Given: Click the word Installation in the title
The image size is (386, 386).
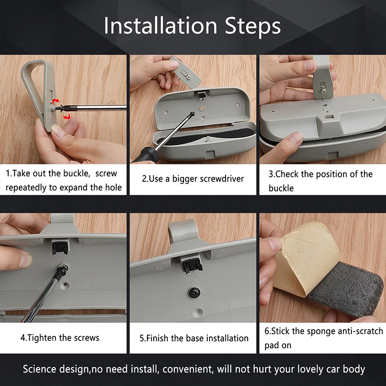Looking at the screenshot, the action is pos(160,26).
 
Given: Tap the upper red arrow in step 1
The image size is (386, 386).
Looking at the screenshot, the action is pos(56,100).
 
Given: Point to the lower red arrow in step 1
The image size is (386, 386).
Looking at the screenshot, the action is pos(67,116).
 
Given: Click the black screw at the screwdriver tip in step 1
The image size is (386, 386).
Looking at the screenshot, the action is pos(59,108).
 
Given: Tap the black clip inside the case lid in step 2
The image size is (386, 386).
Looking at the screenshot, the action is pos(201,94).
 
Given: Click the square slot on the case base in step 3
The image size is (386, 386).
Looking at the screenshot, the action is pos(329,117).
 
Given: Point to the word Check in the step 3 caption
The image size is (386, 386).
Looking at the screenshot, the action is pos(287,174).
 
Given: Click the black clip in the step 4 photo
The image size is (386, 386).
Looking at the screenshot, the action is pos(60,248).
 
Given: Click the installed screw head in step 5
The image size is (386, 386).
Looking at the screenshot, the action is pos(194,292).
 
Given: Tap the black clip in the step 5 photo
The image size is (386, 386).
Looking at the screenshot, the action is pos(193,266).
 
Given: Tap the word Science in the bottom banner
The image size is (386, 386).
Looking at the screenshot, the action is pos(40,369).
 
